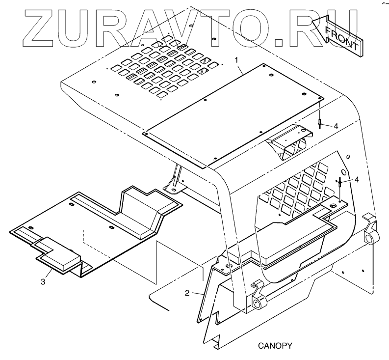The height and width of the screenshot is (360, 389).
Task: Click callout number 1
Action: click(237, 60)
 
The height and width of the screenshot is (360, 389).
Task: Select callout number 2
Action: click(187, 293)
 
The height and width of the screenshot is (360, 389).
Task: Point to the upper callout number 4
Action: click(335, 126)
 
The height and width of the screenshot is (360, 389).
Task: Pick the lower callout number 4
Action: click(357, 180)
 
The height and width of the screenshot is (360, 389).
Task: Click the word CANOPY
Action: click(275, 345)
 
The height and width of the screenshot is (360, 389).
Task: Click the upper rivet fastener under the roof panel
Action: click(319, 123)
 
